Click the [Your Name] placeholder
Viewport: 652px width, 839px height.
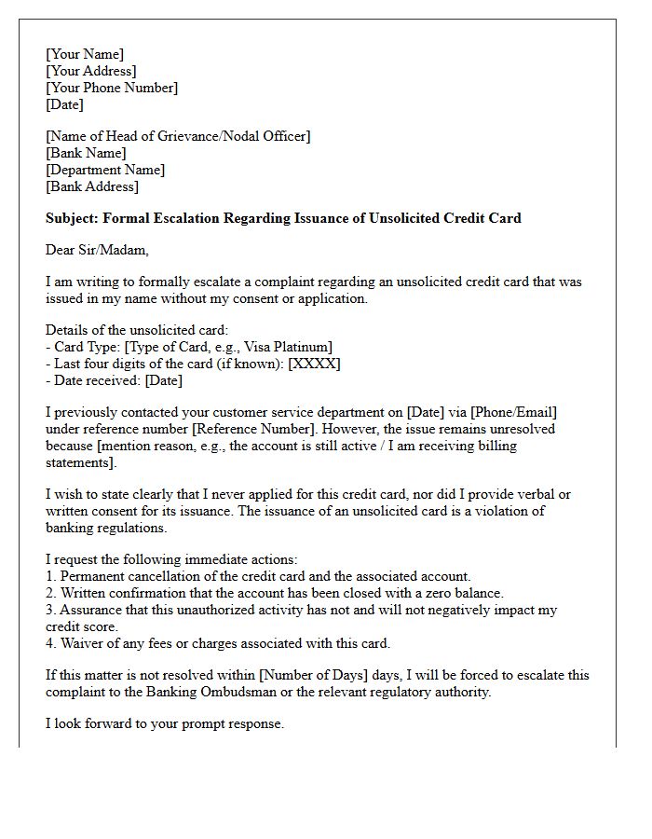(85, 54)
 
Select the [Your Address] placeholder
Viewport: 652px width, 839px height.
(90, 71)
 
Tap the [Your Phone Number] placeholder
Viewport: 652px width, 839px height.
(112, 88)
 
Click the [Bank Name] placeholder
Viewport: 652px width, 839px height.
(86, 153)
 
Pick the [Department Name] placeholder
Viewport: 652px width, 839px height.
(105, 170)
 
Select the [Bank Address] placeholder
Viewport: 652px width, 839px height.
(92, 186)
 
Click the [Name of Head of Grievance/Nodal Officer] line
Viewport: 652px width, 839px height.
(178, 136)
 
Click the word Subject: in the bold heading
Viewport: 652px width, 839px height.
(72, 218)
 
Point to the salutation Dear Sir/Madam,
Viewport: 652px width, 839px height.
(97, 250)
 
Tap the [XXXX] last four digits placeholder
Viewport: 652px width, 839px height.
(315, 364)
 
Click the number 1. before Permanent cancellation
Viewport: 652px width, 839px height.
(50, 576)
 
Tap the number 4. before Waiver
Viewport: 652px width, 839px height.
(50, 643)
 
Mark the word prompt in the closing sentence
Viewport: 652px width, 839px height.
(197, 723)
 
